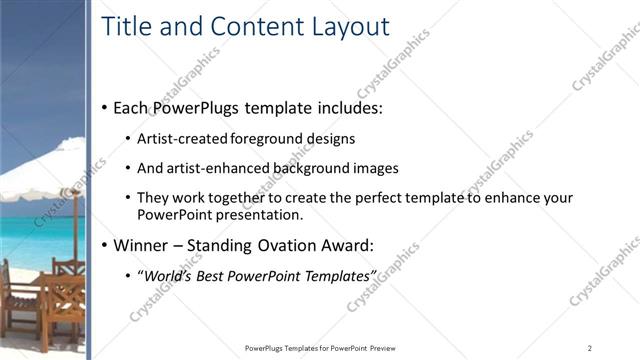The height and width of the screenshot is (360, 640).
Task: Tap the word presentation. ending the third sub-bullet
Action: coord(257,214)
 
